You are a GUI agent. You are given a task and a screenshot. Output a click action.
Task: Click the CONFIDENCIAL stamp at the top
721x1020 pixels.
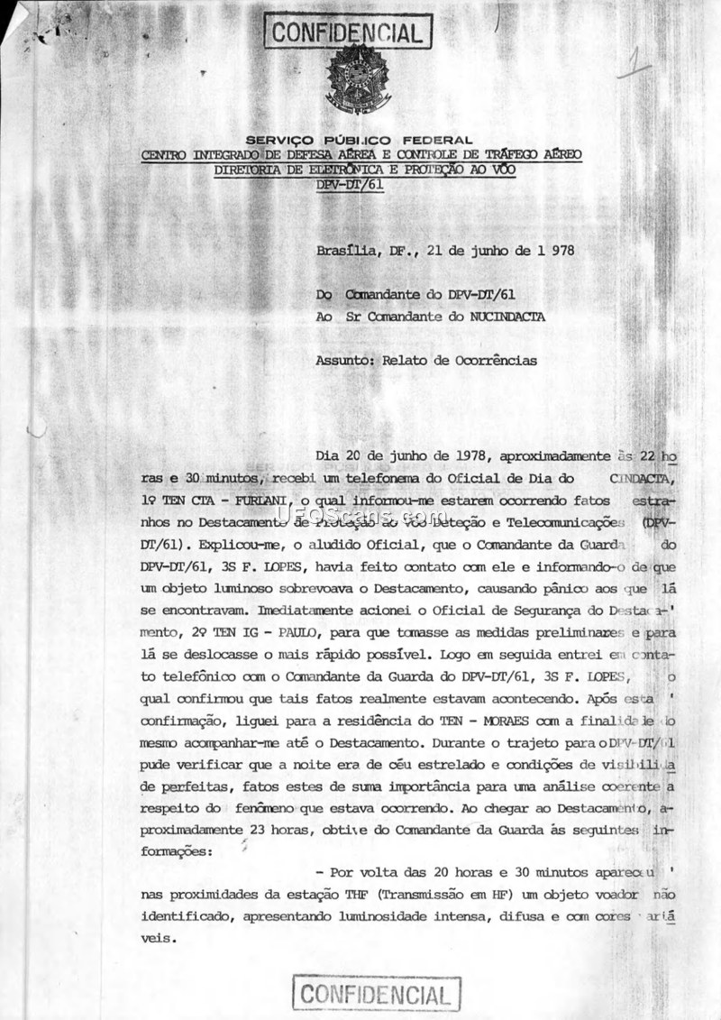[347, 33]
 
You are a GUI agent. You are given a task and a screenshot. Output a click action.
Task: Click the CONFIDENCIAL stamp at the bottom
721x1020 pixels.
[374, 995]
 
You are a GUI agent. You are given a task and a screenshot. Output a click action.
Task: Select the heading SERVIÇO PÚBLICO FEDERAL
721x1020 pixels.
[360, 140]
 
